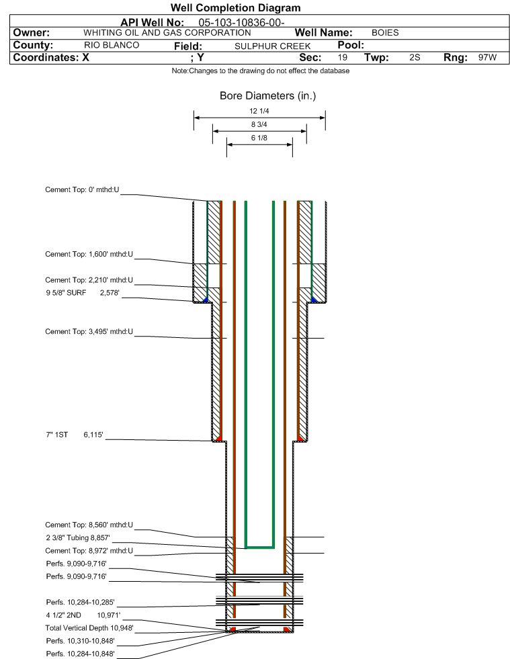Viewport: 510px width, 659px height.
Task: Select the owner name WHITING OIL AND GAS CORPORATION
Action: (x=167, y=33)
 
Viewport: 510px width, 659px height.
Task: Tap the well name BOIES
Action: (x=385, y=33)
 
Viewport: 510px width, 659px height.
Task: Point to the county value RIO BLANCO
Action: (x=112, y=46)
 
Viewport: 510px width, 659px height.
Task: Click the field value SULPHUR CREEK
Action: (x=273, y=46)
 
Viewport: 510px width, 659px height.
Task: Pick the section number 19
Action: (x=343, y=58)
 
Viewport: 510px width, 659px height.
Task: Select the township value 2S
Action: (x=415, y=58)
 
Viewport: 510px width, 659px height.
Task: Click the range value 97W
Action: (x=487, y=58)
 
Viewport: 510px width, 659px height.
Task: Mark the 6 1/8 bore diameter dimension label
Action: (x=259, y=138)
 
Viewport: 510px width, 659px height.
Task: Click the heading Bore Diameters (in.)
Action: (x=267, y=96)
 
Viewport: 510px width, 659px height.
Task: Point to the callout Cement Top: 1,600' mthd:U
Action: (x=89, y=255)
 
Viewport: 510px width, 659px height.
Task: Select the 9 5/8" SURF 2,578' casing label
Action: (x=82, y=293)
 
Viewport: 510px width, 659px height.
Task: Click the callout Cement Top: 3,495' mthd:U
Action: (x=89, y=331)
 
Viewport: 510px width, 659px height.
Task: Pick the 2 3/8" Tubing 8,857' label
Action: (x=77, y=538)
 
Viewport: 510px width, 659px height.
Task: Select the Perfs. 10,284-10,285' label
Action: (x=76, y=603)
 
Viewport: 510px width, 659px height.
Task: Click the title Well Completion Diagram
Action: (x=236, y=8)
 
